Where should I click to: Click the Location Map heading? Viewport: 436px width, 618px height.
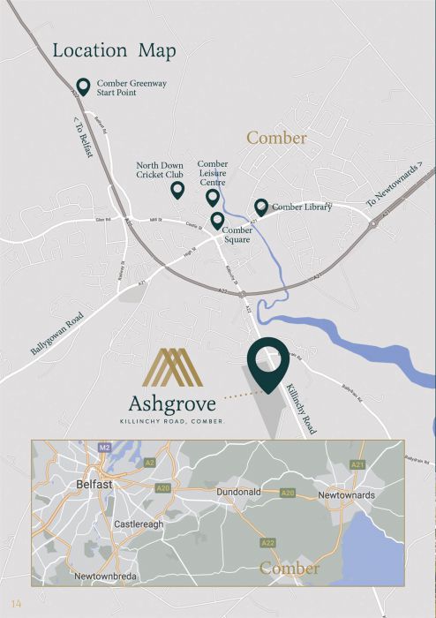point(114,50)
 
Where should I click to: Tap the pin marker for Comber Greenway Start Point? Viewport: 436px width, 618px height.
point(83,86)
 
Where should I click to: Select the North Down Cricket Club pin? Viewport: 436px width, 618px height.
point(177,189)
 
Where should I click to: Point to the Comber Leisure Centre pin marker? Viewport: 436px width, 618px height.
point(212,197)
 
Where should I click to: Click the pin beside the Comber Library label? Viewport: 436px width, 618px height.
point(261,207)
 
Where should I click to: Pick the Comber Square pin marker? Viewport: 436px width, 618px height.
point(217,220)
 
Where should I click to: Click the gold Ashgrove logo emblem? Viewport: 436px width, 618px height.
point(174,368)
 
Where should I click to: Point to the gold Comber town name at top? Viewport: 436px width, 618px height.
point(276,139)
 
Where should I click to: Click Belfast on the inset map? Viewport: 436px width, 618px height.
point(93,485)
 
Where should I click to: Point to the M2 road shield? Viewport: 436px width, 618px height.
point(104,448)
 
